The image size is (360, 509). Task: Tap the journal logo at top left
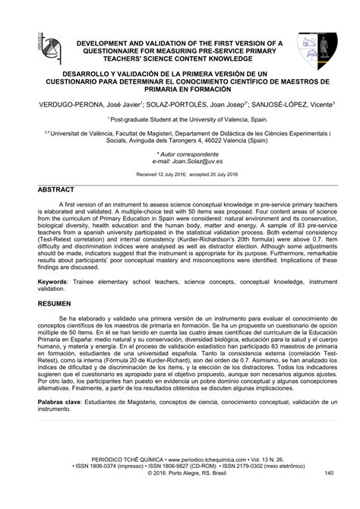tap(40, 47)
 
